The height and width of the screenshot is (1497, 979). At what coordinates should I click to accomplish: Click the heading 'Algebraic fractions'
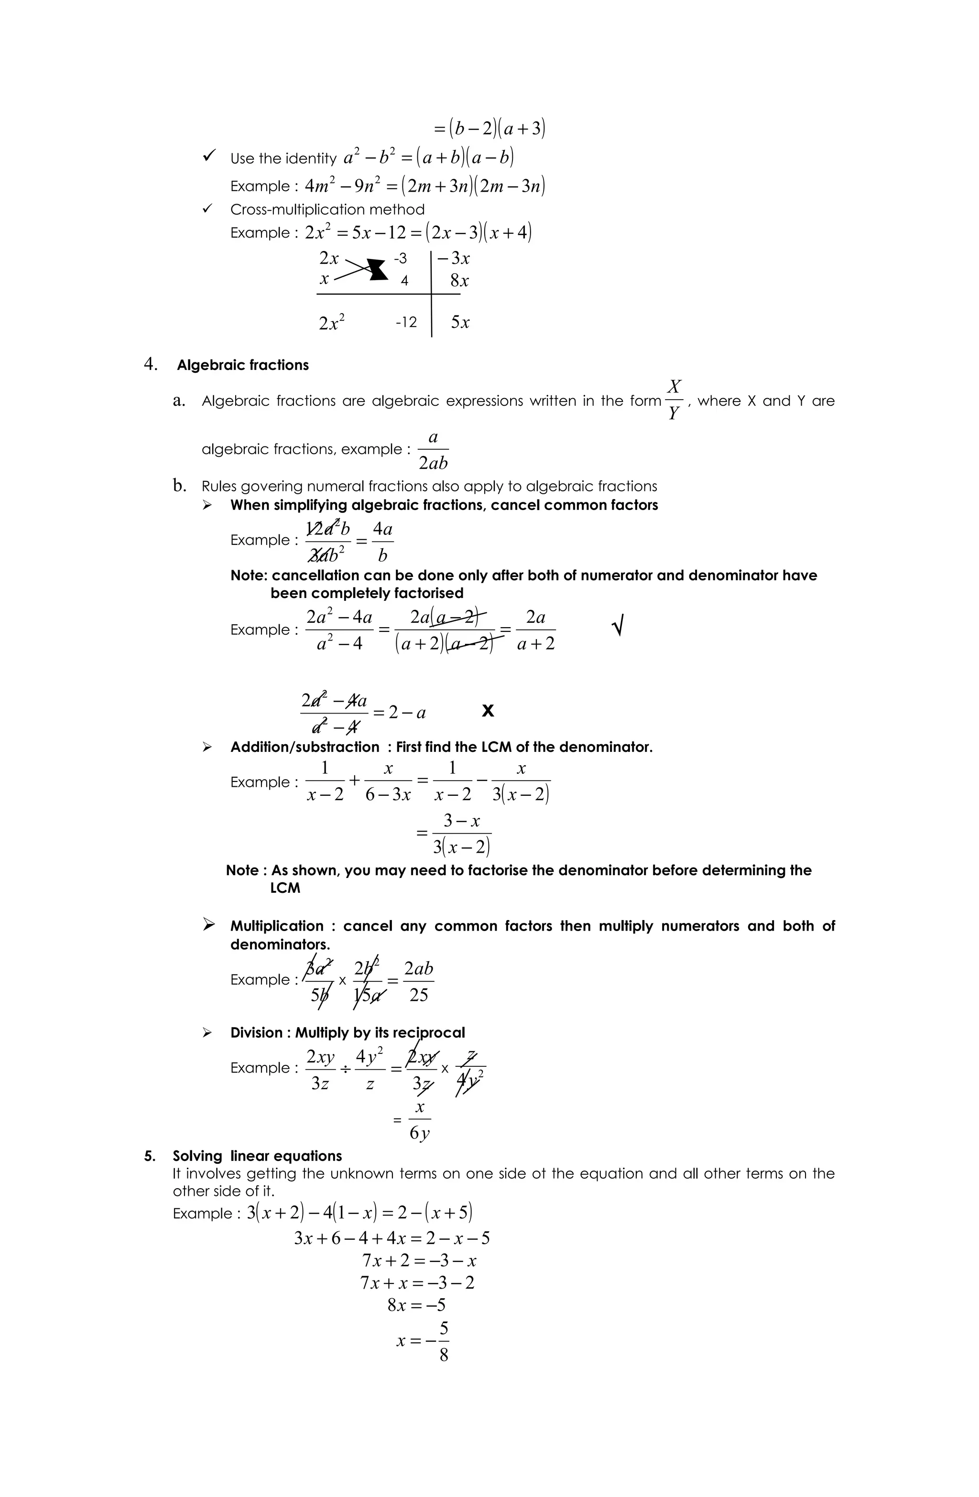[x=242, y=366]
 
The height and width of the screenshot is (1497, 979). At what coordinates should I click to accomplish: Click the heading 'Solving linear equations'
[x=257, y=1155]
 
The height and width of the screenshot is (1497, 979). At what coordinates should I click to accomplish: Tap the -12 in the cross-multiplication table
[x=406, y=323]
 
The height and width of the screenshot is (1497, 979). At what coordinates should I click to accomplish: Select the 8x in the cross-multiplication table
[x=459, y=281]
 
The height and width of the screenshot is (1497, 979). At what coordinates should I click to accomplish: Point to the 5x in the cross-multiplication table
[x=460, y=323]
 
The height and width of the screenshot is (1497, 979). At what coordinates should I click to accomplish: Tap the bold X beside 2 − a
[x=488, y=711]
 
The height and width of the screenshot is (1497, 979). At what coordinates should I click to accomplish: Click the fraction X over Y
[x=673, y=400]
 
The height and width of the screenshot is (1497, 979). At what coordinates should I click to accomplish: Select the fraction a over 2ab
[x=433, y=450]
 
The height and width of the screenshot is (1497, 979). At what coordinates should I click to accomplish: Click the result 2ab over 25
[x=418, y=981]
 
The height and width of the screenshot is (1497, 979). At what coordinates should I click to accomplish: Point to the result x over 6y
[x=420, y=1119]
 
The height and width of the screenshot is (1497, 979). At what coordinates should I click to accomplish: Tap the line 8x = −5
[x=416, y=1305]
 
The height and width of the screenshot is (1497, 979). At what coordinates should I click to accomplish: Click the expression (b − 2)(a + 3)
[x=489, y=128]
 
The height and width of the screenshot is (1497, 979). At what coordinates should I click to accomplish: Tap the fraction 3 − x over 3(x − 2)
[x=461, y=834]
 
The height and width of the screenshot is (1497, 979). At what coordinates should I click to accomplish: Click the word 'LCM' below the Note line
[x=285, y=888]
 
